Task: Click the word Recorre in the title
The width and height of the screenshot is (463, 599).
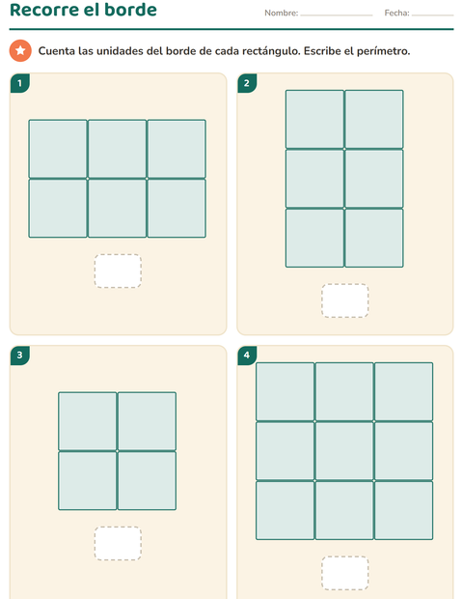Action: click(x=43, y=10)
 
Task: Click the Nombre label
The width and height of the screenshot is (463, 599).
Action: click(x=281, y=13)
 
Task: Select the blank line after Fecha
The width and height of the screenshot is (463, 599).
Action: click(x=432, y=15)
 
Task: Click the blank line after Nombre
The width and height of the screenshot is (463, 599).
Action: click(x=337, y=15)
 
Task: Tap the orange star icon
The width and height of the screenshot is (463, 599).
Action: click(x=20, y=50)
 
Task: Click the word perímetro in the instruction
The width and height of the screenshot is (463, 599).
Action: click(x=383, y=51)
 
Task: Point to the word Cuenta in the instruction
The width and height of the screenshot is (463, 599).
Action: click(x=57, y=51)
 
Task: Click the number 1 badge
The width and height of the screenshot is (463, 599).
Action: click(x=20, y=83)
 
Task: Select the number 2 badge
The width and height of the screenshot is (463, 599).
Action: click(x=247, y=83)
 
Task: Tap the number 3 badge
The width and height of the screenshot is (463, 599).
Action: click(x=20, y=356)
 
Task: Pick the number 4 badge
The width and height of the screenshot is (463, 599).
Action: click(x=247, y=356)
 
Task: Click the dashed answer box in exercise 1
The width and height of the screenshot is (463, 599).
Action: click(x=118, y=271)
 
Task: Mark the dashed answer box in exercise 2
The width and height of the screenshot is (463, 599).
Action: click(x=344, y=300)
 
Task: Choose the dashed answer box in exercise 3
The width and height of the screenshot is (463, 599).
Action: click(x=118, y=543)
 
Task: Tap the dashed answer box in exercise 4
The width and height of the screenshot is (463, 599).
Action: click(x=344, y=573)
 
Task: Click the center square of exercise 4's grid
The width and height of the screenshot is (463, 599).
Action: click(x=344, y=451)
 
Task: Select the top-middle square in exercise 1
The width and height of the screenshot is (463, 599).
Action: click(x=117, y=149)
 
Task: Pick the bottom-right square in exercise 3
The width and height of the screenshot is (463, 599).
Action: click(x=147, y=480)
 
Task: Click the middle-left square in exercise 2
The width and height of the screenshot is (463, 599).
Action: click(x=314, y=179)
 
